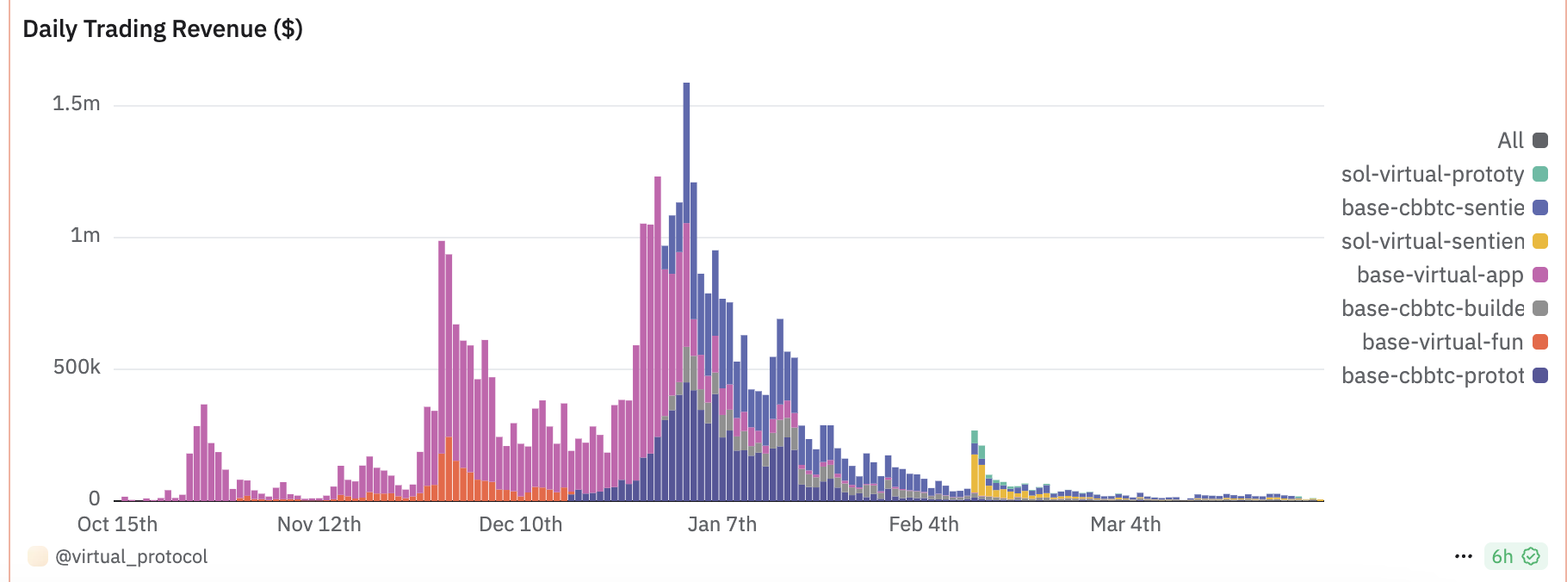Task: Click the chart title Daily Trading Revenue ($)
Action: point(162,29)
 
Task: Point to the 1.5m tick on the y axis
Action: point(77,104)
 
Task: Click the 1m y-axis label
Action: point(85,236)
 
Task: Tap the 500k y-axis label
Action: point(77,368)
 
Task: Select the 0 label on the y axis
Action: point(94,498)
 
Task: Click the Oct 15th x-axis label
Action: point(117,524)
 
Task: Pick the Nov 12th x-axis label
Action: point(319,524)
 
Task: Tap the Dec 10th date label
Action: point(520,524)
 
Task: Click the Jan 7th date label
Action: point(722,524)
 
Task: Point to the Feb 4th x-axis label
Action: point(923,524)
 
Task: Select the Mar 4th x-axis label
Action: point(1125,524)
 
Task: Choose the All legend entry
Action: point(1511,140)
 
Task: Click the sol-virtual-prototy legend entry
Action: point(1433,174)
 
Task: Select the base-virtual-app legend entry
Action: point(1440,275)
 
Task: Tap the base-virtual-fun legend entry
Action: point(1442,342)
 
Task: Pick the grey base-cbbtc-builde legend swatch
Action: point(1540,308)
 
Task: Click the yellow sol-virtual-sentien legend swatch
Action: point(1540,241)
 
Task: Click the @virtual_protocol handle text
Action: point(131,557)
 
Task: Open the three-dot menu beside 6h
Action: point(1463,556)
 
